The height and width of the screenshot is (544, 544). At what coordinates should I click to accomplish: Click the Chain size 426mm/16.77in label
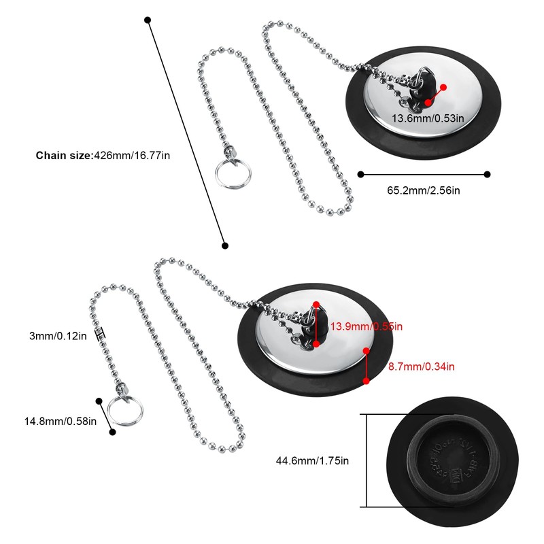(103, 155)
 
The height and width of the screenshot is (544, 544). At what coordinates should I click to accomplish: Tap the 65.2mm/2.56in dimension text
(424, 190)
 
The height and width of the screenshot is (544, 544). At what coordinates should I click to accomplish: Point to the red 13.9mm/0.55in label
(367, 327)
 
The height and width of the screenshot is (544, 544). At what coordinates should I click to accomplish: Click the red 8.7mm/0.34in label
(422, 367)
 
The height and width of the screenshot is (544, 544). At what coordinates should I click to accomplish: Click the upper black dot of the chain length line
(148, 20)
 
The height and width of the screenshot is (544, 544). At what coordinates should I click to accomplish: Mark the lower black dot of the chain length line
(225, 245)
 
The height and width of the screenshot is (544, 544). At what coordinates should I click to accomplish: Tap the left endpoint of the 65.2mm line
(359, 174)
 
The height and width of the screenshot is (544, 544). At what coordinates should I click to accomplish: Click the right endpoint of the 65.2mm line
(487, 174)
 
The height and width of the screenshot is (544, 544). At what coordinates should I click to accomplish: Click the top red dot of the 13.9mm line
(316, 304)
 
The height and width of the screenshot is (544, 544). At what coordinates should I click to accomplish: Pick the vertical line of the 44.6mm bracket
(367, 460)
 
